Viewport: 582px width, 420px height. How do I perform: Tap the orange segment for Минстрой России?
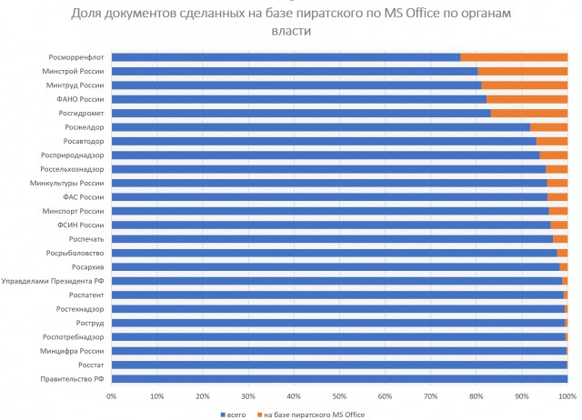(x=522, y=71)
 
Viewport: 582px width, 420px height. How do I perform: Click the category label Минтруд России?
(x=79, y=85)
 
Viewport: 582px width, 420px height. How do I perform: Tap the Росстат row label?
(x=91, y=365)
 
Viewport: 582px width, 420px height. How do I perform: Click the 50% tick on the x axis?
(x=338, y=396)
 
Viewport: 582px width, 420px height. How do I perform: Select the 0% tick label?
(x=111, y=396)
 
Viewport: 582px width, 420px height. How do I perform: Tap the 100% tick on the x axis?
(x=567, y=396)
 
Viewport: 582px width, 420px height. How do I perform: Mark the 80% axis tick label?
(x=476, y=396)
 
